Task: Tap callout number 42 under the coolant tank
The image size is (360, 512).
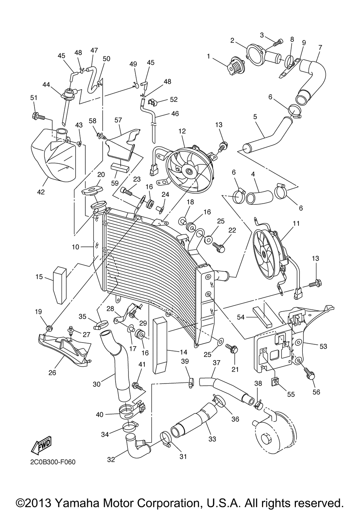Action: (41, 192)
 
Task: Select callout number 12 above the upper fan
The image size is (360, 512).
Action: (182, 131)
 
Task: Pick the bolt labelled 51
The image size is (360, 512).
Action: (39, 116)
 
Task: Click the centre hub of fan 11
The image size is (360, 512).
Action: (264, 254)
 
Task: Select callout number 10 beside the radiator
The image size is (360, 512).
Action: (75, 247)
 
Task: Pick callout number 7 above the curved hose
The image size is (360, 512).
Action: (320, 47)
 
